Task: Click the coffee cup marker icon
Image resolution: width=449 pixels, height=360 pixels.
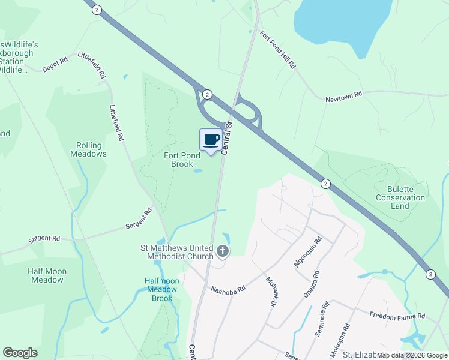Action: [x=210, y=140]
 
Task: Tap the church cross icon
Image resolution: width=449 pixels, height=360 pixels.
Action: [x=223, y=251]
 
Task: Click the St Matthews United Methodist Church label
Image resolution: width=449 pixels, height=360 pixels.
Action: [x=180, y=253]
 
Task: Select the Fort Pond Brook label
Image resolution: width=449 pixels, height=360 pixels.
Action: [x=179, y=160]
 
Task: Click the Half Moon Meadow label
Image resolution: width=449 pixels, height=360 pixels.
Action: [x=47, y=275]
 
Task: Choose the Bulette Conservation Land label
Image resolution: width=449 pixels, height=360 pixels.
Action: [x=400, y=197]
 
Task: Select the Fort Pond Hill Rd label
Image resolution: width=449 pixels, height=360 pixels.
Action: [x=278, y=50]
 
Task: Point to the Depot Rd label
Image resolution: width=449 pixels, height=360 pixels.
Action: [x=54, y=65]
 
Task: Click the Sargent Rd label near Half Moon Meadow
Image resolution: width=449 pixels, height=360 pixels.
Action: [x=44, y=239]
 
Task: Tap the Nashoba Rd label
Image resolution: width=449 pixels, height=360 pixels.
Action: [x=228, y=289]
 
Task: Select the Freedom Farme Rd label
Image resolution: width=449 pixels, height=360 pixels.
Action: [x=397, y=316]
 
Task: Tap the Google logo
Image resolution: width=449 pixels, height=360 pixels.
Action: [x=20, y=353]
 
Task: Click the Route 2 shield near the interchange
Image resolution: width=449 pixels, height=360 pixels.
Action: [x=207, y=94]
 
